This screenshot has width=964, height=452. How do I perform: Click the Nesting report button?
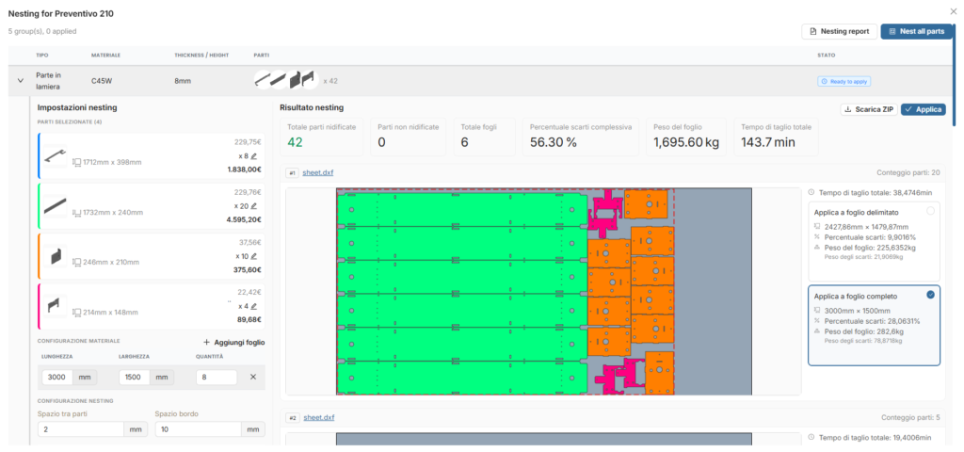839,31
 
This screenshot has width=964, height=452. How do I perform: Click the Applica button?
923,109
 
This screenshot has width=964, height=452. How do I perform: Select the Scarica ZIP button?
869,109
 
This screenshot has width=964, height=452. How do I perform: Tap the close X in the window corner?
953,11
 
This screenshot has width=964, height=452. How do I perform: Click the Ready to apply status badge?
843,81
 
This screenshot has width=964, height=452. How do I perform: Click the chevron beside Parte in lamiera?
21,81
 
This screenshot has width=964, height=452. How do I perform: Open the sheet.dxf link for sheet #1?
318,173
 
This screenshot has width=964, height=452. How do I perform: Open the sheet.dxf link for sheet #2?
319,418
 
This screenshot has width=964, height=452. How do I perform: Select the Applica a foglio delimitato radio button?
930,211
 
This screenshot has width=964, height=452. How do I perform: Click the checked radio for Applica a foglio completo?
930,295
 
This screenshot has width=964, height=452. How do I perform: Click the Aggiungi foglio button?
234,343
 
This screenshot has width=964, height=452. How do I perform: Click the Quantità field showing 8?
217,377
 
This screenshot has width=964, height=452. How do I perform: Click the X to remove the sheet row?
252,377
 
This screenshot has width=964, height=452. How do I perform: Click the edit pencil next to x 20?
253,206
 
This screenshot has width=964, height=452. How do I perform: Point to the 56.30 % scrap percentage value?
554,143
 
